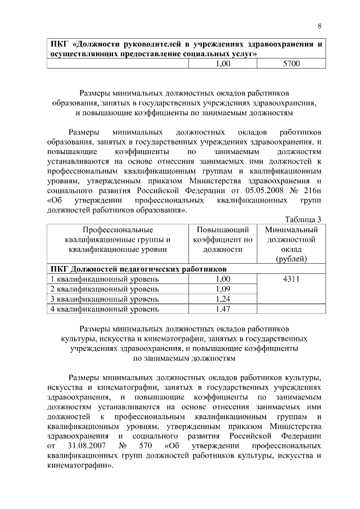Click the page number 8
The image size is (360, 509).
pos(319,26)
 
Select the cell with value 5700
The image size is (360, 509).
pos(291,64)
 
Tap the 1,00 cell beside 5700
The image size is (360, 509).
pos(223,64)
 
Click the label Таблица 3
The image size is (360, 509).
pos(303,219)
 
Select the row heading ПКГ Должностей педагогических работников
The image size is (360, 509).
pos(138,269)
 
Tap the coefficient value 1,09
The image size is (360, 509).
pos(223,289)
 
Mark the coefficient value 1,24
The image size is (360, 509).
pos(223,299)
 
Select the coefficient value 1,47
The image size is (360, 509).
pos(223,309)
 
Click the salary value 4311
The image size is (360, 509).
pos(291,279)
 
